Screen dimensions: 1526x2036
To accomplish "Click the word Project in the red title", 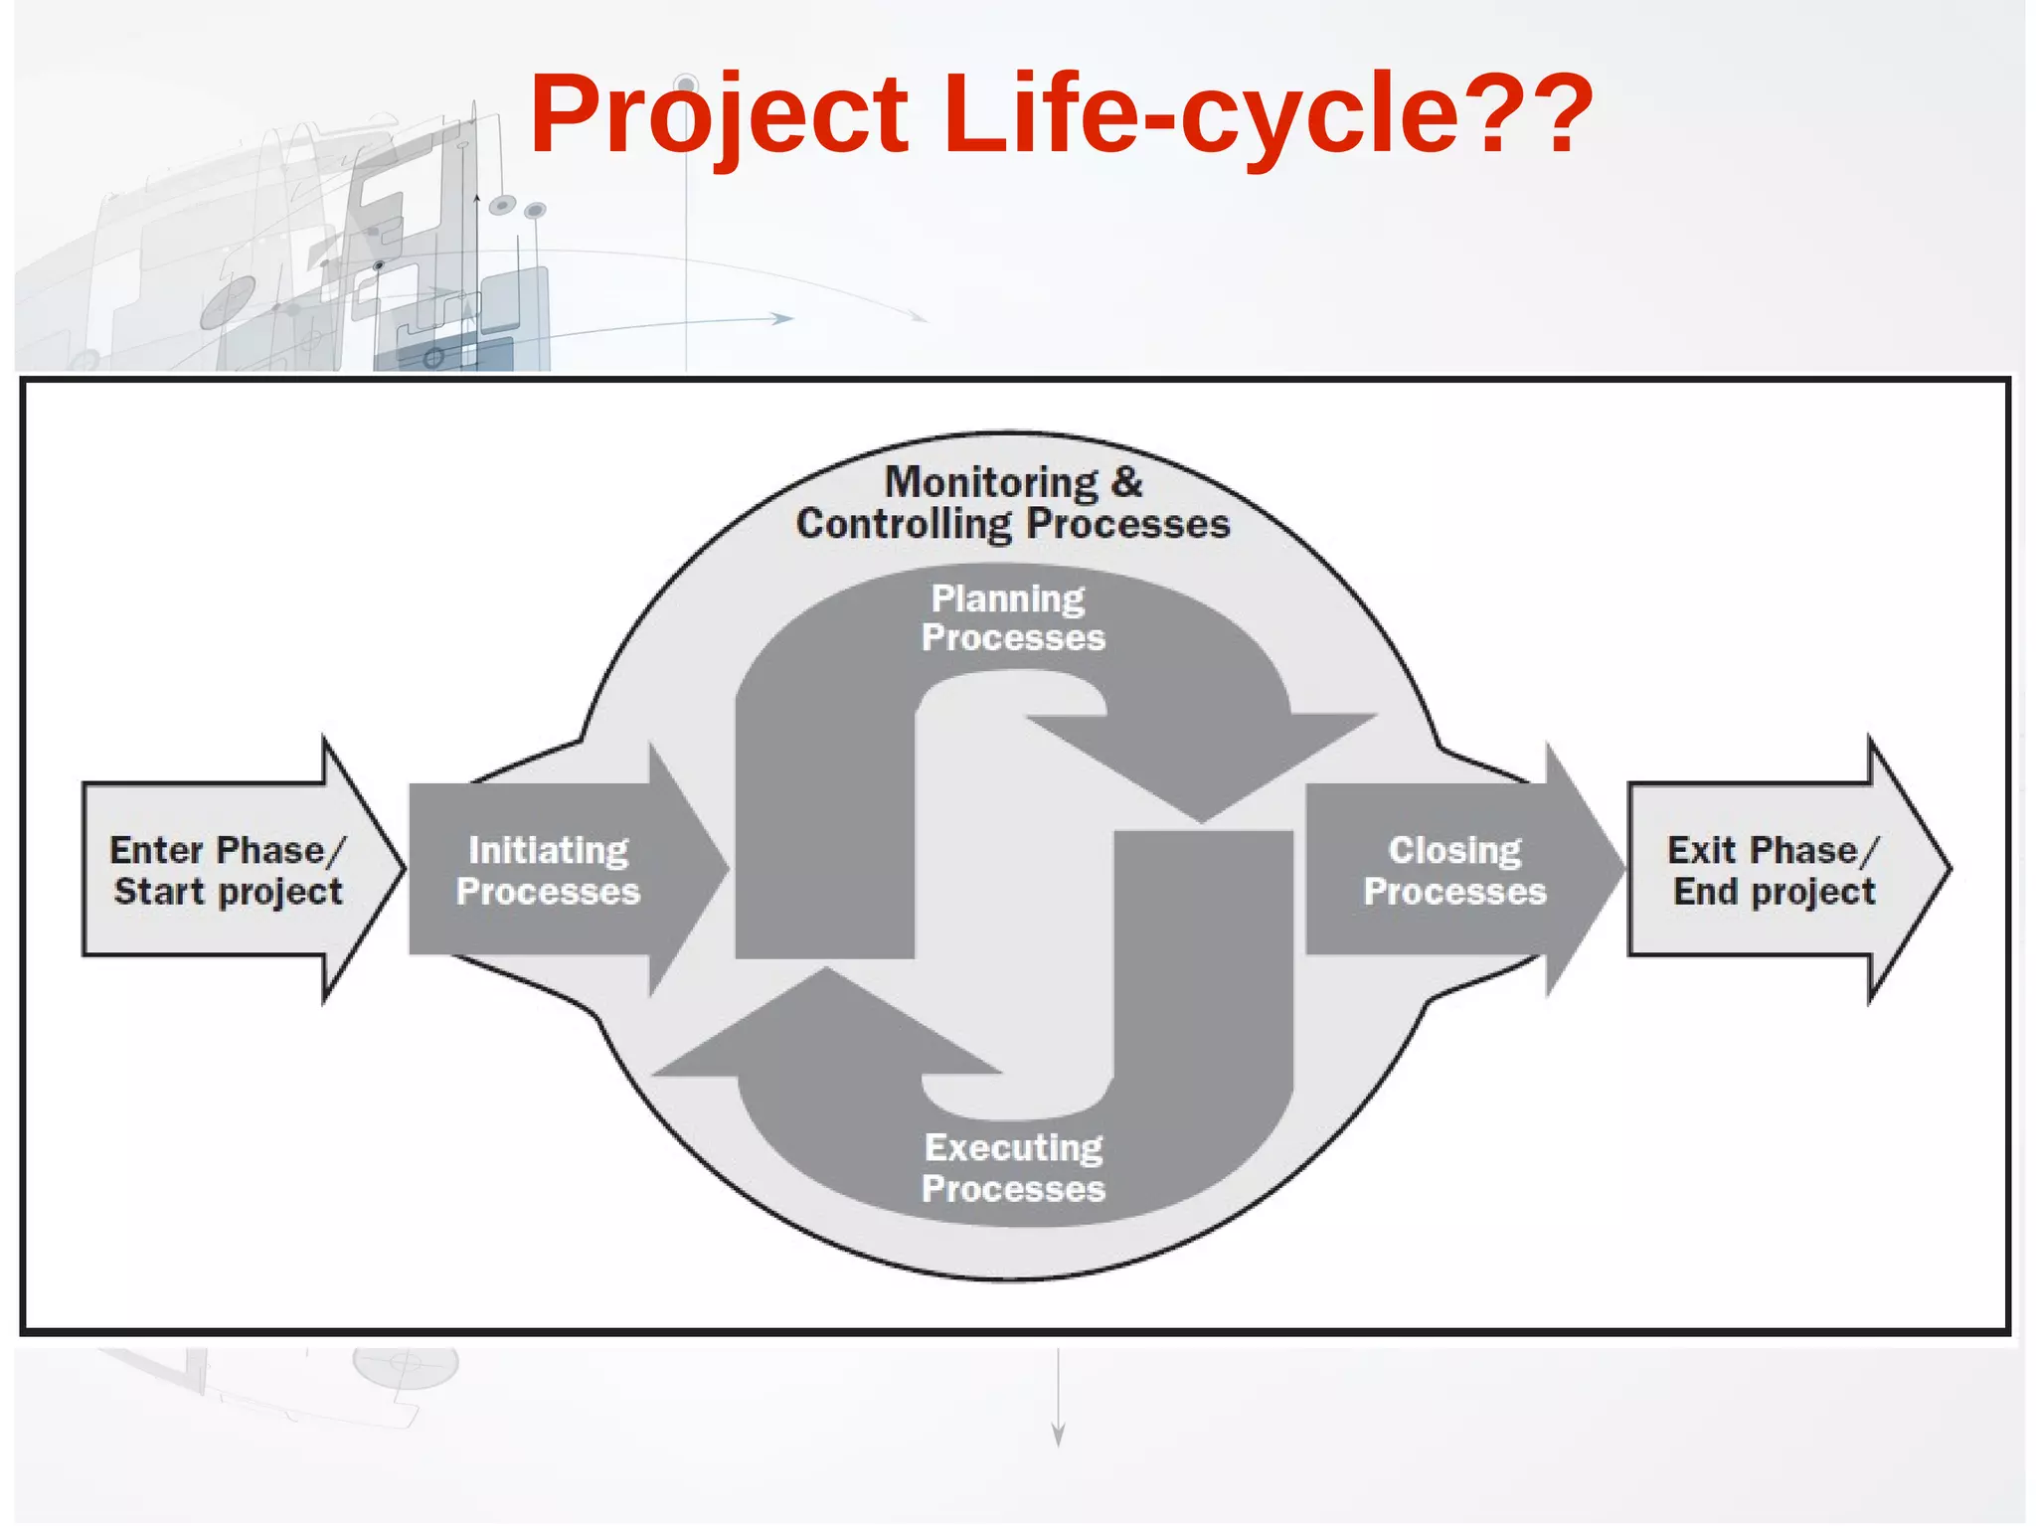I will [x=718, y=114].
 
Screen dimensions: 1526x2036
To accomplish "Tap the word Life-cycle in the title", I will [x=1198, y=114].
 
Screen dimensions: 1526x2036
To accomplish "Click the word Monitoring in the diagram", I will [x=991, y=482].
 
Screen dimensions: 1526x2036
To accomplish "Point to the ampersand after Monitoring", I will [x=1127, y=482].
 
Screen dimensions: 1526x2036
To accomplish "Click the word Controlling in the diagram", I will [x=903, y=524].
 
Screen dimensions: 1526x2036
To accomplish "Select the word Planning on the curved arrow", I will [x=1007, y=598].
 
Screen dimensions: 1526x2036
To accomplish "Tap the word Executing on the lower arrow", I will [x=1013, y=1148].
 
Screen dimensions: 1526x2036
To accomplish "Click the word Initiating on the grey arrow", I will [x=548, y=851].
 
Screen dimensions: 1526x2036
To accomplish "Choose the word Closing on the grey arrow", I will [x=1454, y=851].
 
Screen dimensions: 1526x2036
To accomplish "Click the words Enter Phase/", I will [x=228, y=851].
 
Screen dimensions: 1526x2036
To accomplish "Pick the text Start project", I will [x=228, y=892].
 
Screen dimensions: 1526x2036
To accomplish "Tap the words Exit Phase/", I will [x=1774, y=851].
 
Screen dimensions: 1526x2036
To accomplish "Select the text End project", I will [x=1774, y=892].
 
